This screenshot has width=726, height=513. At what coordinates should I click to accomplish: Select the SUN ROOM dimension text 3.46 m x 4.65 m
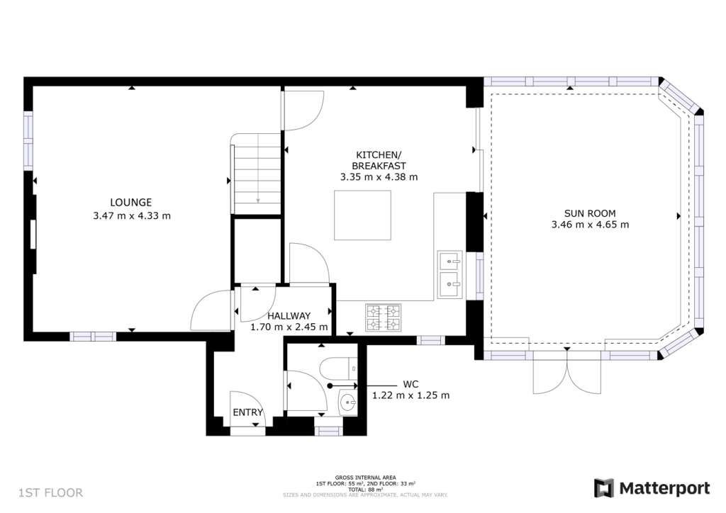pyautogui.click(x=590, y=225)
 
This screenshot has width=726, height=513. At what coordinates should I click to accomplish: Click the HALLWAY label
pyautogui.click(x=289, y=316)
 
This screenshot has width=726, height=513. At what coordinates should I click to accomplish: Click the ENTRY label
pyautogui.click(x=248, y=412)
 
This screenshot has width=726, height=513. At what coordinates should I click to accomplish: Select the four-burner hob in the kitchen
pyautogui.click(x=383, y=317)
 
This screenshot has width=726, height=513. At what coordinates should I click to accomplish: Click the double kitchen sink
pyautogui.click(x=450, y=274)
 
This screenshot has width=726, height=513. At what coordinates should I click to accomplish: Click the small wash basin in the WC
pyautogui.click(x=347, y=403)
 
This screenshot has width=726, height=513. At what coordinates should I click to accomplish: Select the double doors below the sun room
pyautogui.click(x=567, y=373)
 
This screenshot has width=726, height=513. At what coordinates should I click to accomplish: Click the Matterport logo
pyautogui.click(x=652, y=488)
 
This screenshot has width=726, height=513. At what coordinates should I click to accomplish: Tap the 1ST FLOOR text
pyautogui.click(x=50, y=492)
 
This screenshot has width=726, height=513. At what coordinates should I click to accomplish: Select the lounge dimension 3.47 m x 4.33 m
pyautogui.click(x=131, y=215)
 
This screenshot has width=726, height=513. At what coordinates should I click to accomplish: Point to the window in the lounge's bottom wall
pyautogui.click(x=92, y=337)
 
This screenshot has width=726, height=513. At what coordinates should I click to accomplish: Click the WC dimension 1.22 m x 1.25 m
pyautogui.click(x=411, y=395)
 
